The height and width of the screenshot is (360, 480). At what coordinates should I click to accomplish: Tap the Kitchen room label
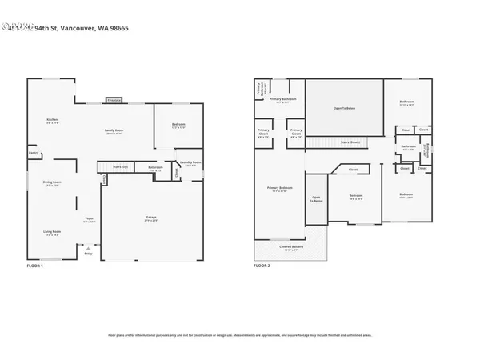click(x=52, y=121)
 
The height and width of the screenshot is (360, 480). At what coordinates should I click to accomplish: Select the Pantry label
click(x=34, y=153)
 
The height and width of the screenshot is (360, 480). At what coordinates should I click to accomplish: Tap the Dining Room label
click(x=52, y=183)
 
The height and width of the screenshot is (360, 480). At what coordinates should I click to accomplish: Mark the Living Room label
click(x=52, y=233)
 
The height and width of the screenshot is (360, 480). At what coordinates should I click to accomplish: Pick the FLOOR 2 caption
click(x=262, y=265)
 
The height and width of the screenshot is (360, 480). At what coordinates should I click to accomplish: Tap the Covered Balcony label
click(x=290, y=248)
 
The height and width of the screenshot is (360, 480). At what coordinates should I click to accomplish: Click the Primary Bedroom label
click(x=280, y=189)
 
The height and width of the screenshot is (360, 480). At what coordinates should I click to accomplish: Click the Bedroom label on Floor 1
click(x=178, y=125)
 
